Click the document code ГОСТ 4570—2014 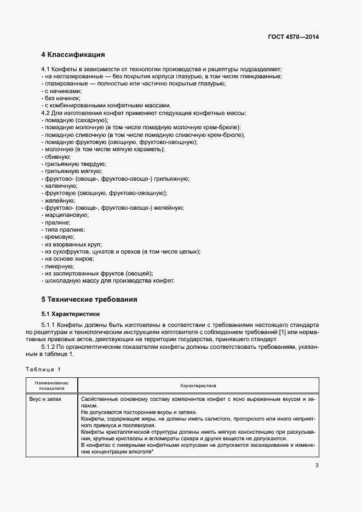[293, 37]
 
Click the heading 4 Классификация [73, 55]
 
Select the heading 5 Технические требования [89, 300]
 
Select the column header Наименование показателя [51, 385]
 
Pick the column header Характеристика [198, 385]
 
